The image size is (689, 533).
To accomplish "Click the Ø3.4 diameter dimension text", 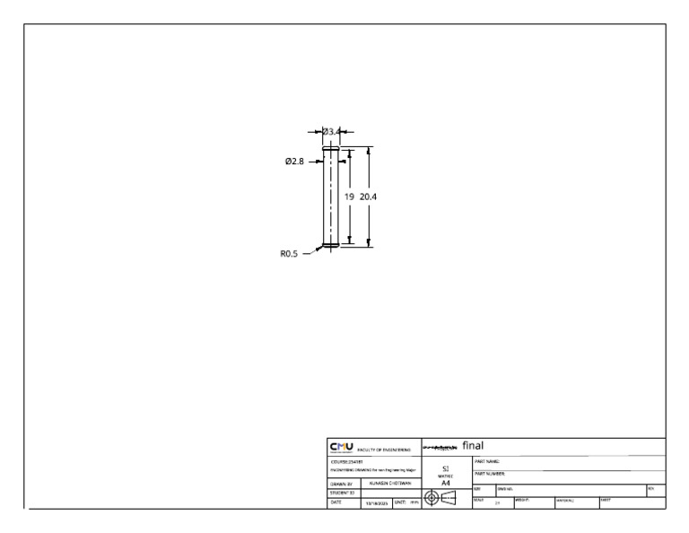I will tap(332, 132).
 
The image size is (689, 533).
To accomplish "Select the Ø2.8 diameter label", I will tap(295, 162).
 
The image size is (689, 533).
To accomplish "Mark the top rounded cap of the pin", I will tap(331, 150).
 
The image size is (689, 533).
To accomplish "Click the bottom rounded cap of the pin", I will tap(331, 244).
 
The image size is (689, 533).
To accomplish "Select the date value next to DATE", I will tap(373, 503).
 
